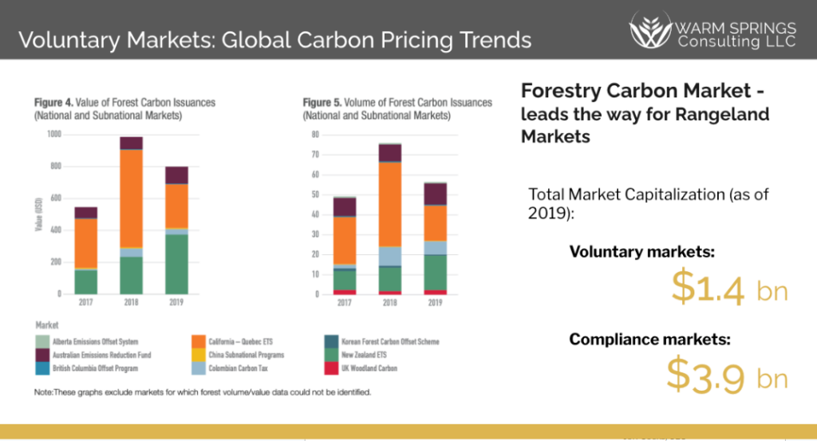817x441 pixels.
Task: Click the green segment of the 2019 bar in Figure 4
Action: click(176, 264)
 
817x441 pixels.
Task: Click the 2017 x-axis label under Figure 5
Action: click(344, 303)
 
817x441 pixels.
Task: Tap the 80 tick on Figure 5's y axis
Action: click(315, 134)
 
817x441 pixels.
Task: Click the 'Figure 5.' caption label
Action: click(323, 103)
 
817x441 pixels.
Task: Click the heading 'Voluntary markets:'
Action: click(642, 252)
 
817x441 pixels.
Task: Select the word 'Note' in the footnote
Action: click(43, 392)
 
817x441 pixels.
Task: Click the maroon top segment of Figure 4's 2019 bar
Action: click(176, 175)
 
